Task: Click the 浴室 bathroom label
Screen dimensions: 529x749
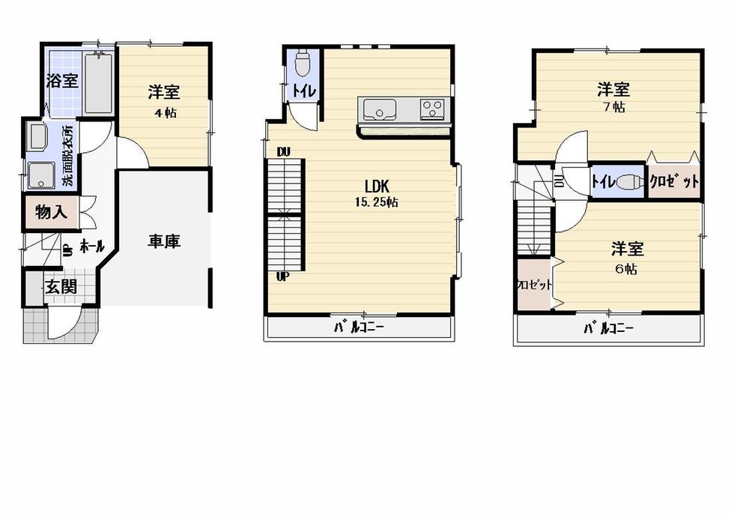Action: coord(62,81)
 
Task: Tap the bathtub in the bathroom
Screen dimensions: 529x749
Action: coord(99,84)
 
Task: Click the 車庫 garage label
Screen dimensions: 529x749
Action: coord(163,242)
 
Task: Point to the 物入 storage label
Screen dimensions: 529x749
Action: coord(51,213)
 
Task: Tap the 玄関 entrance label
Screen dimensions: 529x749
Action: coord(59,286)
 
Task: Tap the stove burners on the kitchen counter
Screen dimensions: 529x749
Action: coord(432,109)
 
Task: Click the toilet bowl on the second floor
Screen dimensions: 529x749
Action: coord(303,64)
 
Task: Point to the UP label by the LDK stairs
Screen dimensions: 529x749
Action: coord(283,276)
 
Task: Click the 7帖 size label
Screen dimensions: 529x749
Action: coord(613,107)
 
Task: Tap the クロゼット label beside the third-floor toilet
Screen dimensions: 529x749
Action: coord(674,181)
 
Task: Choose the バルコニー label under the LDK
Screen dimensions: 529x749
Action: coord(359,327)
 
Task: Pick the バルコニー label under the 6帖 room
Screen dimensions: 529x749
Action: coord(608,327)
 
